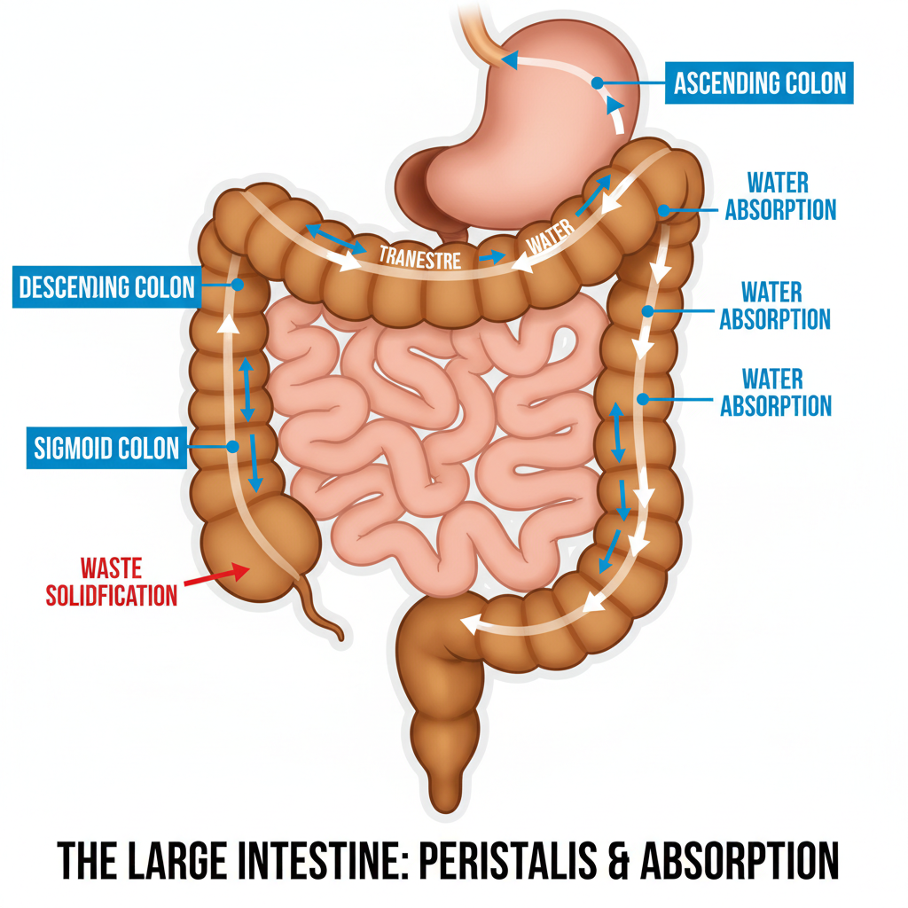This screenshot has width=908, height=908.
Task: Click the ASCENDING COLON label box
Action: [x=760, y=82]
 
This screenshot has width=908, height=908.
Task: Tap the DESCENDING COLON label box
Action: [x=106, y=286]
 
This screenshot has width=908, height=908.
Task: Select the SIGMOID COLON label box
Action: [x=106, y=448]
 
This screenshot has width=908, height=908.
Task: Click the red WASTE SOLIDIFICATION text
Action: [x=112, y=581]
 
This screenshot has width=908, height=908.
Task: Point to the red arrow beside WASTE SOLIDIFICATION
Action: [x=213, y=575]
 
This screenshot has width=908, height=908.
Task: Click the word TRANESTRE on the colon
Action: [x=419, y=258]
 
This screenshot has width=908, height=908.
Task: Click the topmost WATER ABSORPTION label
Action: [x=779, y=196]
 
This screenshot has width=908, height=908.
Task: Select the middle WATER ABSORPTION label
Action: [x=774, y=305]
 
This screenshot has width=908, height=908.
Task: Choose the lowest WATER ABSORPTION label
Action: [x=775, y=392]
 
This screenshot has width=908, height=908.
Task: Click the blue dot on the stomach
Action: [x=597, y=82]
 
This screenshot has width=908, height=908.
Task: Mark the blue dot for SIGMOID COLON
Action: [x=232, y=447]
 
